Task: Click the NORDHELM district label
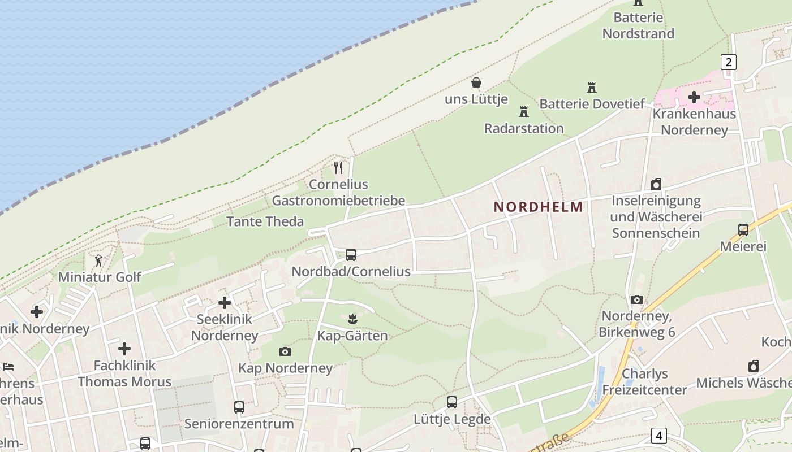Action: (x=538, y=207)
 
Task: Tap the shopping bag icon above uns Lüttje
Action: (x=476, y=83)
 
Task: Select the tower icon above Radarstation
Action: (x=524, y=112)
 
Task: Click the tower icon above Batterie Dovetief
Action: (x=592, y=88)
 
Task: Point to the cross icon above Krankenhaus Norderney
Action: (x=694, y=97)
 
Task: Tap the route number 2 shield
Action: (x=729, y=62)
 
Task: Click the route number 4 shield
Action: (x=658, y=436)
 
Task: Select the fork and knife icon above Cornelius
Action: (x=338, y=168)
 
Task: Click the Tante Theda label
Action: (x=265, y=221)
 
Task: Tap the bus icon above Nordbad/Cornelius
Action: (x=351, y=255)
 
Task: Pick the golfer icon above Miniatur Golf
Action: (x=99, y=261)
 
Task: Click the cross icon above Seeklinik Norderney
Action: (x=225, y=303)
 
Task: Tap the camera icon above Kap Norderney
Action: (x=285, y=352)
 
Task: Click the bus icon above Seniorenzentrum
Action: (x=239, y=407)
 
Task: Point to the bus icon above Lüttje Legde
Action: (x=451, y=402)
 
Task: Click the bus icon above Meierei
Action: (x=743, y=230)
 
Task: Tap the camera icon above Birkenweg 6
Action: (x=637, y=300)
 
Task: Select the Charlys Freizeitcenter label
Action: (x=644, y=382)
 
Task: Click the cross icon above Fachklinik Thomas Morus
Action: (x=124, y=349)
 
